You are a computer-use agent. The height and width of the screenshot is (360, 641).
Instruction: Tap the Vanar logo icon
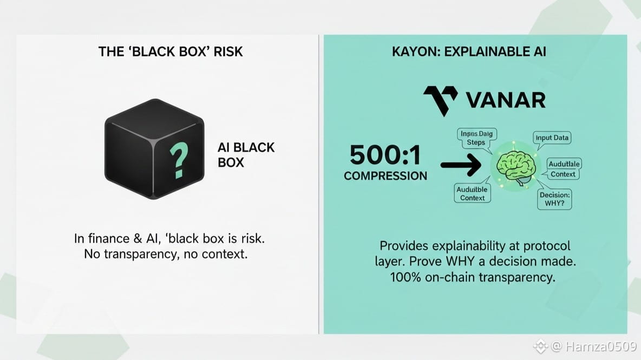[x=440, y=100]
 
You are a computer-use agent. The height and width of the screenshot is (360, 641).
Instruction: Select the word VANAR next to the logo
[x=505, y=100]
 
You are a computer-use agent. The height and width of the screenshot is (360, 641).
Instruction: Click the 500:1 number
[x=385, y=155]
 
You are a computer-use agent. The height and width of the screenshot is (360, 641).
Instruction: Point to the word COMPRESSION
[x=385, y=175]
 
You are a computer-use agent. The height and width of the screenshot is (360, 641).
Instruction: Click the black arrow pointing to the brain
[x=460, y=166]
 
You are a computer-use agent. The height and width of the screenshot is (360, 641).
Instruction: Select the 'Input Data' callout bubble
[x=552, y=138]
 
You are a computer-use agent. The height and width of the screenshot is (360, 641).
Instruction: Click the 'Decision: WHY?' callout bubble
[x=555, y=199]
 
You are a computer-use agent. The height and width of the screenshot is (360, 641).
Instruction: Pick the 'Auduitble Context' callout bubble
[x=472, y=193]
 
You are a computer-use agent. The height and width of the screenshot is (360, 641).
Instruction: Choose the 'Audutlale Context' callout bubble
[x=564, y=169]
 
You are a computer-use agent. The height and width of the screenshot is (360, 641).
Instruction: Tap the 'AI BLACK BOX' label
[x=246, y=154]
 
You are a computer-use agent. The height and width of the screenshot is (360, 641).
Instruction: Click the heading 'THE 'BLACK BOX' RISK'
[x=171, y=51]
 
